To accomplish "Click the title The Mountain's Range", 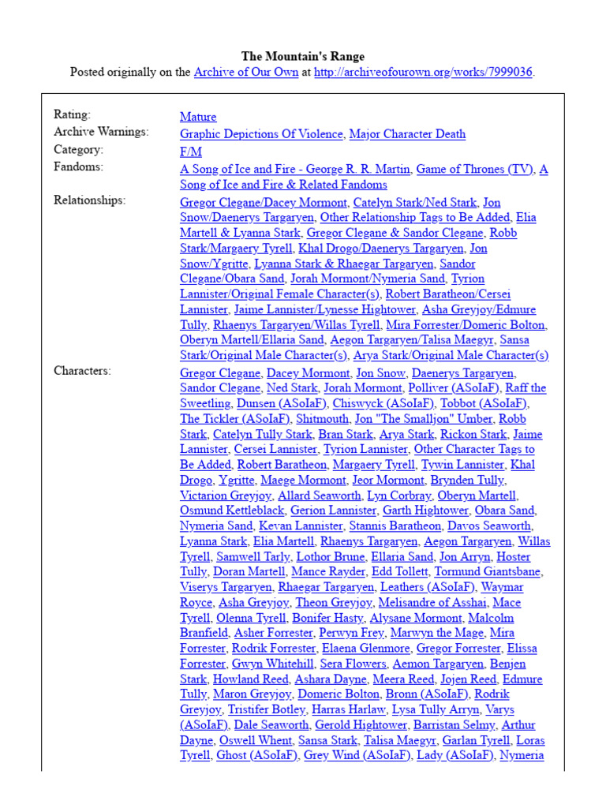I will [302, 56].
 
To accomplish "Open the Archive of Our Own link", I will [246, 72].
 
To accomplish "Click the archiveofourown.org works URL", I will [424, 72].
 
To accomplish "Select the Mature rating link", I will [198, 117].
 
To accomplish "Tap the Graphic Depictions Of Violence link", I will [261, 134].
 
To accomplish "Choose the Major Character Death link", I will [407, 134].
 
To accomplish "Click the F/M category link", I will [191, 151].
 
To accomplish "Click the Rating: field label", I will [72, 115].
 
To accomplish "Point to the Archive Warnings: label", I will [101, 133].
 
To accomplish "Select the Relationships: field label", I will [89, 200].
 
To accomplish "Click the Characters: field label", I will [82, 371].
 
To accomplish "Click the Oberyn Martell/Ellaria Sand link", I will [252, 340].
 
